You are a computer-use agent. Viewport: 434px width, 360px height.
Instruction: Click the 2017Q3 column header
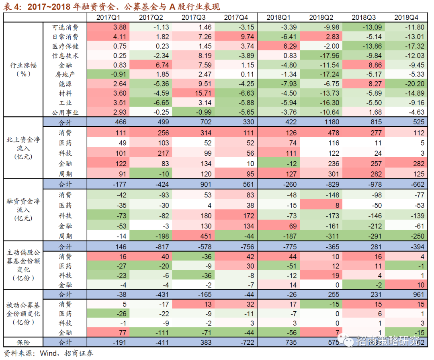(x=193, y=17)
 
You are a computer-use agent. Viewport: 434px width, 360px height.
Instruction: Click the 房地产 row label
(x=66, y=74)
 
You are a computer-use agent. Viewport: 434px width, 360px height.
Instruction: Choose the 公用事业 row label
(x=66, y=112)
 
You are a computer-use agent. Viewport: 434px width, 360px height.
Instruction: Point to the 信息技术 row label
(x=66, y=56)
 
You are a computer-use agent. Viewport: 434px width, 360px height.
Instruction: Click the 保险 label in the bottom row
(x=23, y=342)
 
